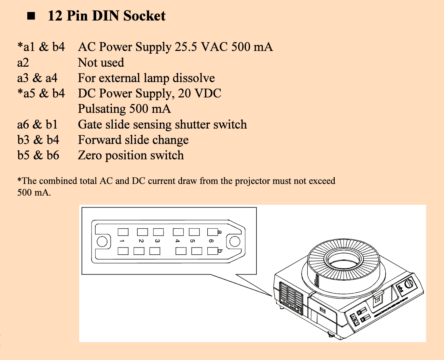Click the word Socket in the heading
(x=144, y=16)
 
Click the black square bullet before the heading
(x=31, y=16)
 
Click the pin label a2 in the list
(x=23, y=63)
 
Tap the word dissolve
(x=193, y=78)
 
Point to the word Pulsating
(x=102, y=109)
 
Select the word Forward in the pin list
(x=99, y=140)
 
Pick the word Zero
(x=90, y=155)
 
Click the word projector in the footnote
(x=251, y=181)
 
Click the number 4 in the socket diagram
(x=178, y=241)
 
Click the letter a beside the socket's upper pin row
(x=220, y=232)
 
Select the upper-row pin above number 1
(x=123, y=232)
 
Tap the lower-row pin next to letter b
(x=212, y=251)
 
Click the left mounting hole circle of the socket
(x=102, y=242)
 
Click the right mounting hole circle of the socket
(x=235, y=241)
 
